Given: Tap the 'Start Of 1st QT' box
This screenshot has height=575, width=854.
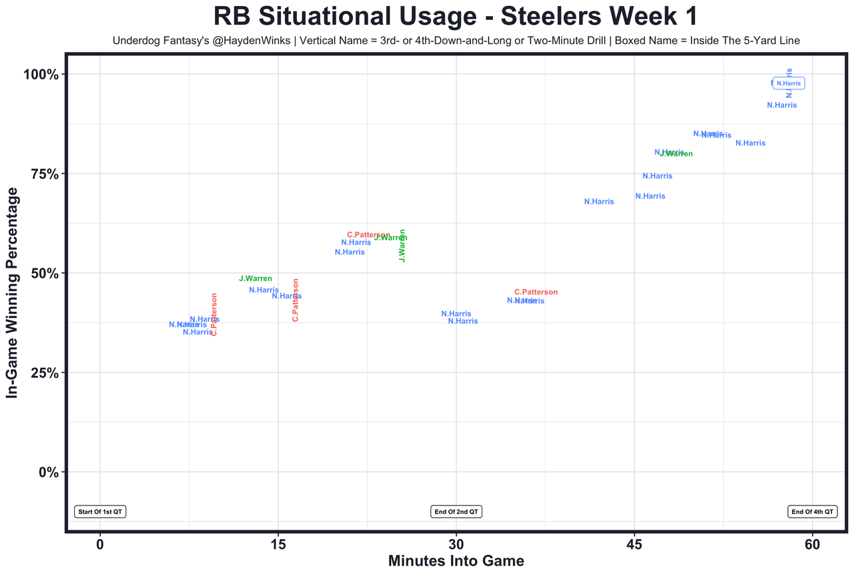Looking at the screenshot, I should tap(101, 512).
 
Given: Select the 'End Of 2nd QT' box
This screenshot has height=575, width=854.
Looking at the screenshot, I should tap(456, 512).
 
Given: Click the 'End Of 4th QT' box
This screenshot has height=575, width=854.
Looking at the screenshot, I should tap(812, 512).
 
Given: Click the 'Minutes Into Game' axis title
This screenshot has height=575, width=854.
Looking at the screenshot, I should tap(456, 561).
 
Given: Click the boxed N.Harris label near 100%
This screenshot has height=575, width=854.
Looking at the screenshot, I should tap(789, 83).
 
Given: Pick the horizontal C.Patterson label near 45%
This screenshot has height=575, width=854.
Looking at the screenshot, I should tap(536, 293).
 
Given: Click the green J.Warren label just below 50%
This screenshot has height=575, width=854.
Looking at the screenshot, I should tap(256, 278).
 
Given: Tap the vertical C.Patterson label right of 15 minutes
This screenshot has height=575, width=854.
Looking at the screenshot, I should tap(296, 300).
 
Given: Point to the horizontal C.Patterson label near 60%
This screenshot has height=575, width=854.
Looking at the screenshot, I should tap(368, 235).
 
